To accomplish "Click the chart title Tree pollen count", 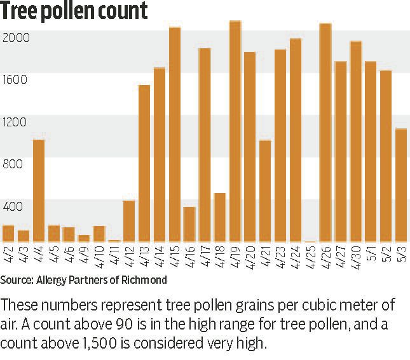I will click(x=74, y=11).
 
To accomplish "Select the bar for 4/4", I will click(x=38, y=190).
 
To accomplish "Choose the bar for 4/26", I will click(x=325, y=133).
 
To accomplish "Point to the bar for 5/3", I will click(x=400, y=185).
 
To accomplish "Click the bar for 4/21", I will click(x=265, y=190).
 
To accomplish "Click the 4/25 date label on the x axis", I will click(x=310, y=257).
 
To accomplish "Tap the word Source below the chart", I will click(x=17, y=280).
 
